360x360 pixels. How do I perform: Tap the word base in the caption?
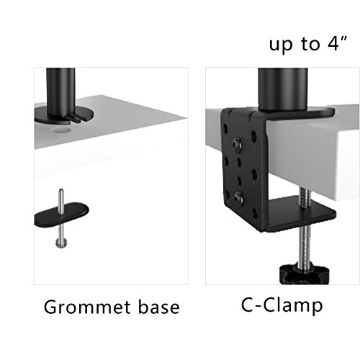coord(159,307)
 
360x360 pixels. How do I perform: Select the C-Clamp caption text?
coord(282,305)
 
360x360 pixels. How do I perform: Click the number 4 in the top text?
coord(333,44)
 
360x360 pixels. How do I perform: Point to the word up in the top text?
coord(282,45)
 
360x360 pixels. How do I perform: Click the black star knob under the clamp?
coord(304,274)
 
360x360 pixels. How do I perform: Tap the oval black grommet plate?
coord(61,215)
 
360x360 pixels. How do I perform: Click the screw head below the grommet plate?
coord(61,243)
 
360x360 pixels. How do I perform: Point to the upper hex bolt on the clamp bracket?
coord(237,143)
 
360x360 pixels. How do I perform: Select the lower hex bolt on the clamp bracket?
coord(238,198)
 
